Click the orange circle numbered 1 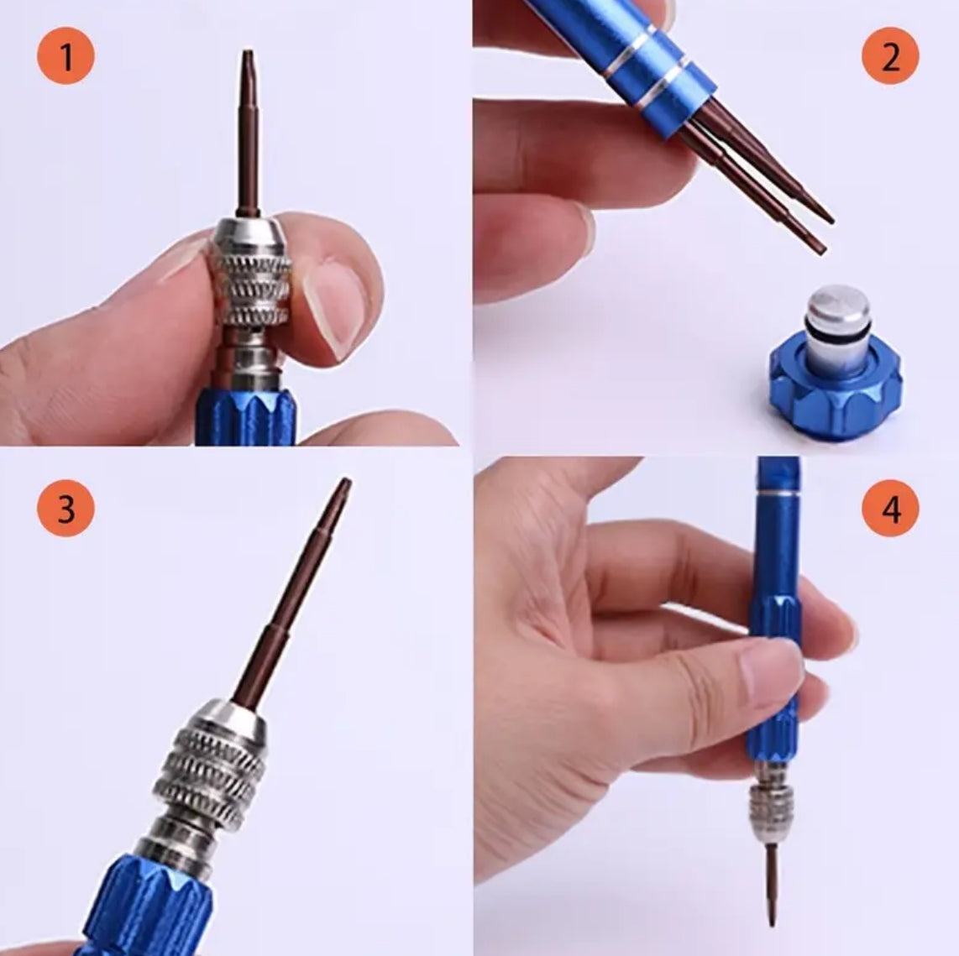[66, 57]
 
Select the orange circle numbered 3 [66, 509]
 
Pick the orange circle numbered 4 [890, 509]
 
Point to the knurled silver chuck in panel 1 [250, 277]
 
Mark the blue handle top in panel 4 [777, 483]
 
